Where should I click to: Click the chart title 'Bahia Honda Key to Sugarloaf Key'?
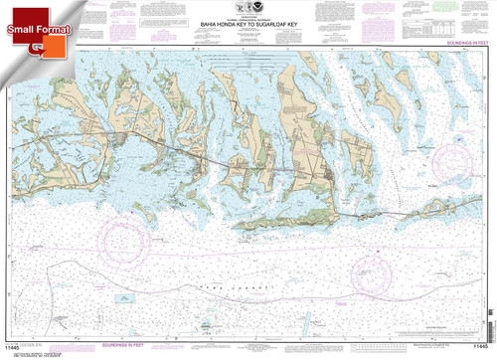tap(248, 30)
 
